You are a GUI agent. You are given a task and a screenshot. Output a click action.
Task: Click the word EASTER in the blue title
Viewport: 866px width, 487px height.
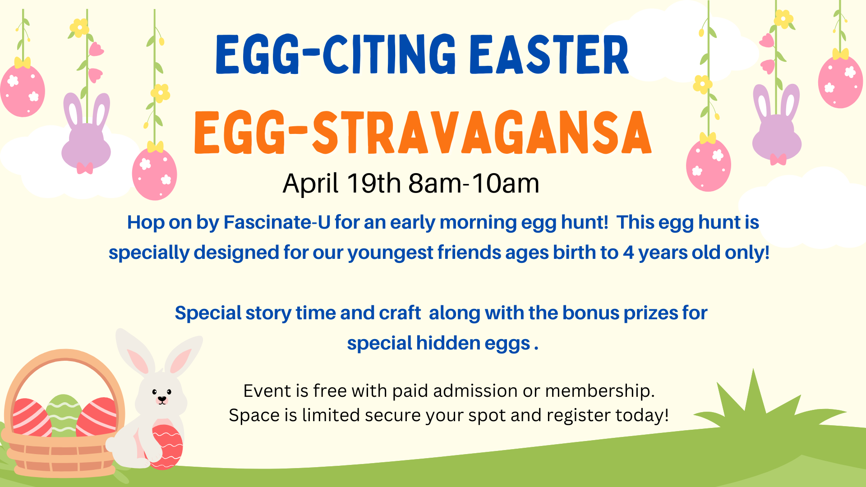pyautogui.click(x=549, y=55)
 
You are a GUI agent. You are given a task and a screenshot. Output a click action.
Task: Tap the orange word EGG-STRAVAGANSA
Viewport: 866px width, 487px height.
pyautogui.click(x=423, y=133)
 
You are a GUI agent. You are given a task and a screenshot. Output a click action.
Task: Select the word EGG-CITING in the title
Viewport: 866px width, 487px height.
pyautogui.click(x=336, y=55)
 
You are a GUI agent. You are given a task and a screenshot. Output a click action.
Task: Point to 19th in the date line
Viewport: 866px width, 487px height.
pyautogui.click(x=374, y=184)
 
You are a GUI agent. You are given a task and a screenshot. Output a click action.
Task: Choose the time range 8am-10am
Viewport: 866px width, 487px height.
pyautogui.click(x=474, y=184)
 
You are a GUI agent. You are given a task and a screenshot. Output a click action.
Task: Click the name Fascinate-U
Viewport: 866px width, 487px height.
pyautogui.click(x=277, y=222)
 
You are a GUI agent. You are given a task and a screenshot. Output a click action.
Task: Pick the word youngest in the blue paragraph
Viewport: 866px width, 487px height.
pyautogui.click(x=390, y=253)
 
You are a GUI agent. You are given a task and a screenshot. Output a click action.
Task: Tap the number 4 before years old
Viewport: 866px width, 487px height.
pyautogui.click(x=628, y=253)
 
